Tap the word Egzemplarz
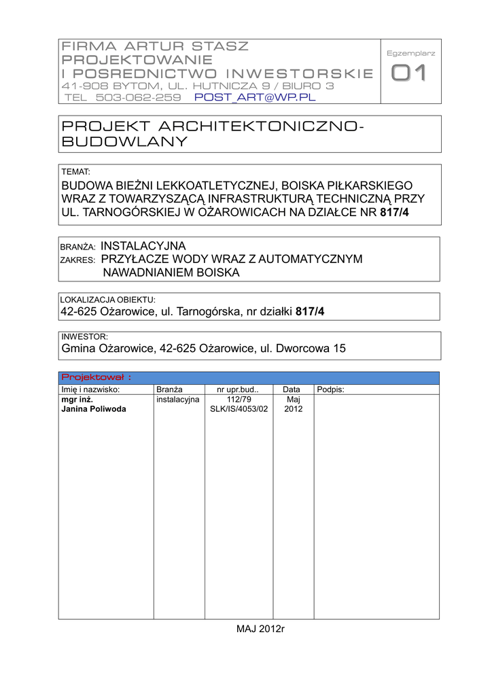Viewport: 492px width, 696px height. coord(410,53)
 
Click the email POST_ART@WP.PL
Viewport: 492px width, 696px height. coord(256,97)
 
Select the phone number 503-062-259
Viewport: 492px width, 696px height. coord(138,97)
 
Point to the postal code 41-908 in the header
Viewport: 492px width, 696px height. coord(84,86)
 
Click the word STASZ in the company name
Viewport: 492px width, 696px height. coord(220,46)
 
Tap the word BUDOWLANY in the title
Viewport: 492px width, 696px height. coord(124,141)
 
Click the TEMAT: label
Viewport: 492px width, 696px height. coord(75,172)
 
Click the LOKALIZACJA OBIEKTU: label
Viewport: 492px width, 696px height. coord(108,299)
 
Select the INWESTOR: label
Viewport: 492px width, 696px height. coord(84,336)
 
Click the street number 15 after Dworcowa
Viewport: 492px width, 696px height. coord(339,349)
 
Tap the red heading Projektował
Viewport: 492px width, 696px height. coord(96,377)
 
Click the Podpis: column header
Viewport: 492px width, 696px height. coord(330,389)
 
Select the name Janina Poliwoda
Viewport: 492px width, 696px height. coord(94,409)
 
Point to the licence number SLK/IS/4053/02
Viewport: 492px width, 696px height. coord(239,409)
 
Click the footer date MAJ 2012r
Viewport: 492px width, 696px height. coord(260,629)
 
